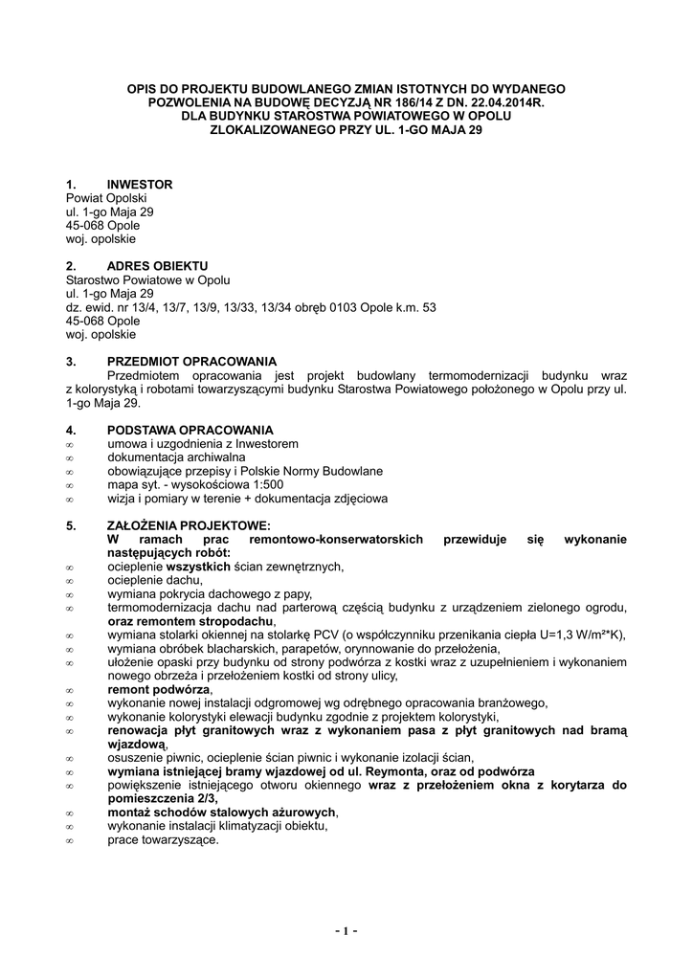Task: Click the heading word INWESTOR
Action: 140,184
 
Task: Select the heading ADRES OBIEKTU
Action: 157,266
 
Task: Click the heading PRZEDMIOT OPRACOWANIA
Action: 191,362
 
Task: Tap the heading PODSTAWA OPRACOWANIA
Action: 190,431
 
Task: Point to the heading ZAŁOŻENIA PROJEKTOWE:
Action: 189,526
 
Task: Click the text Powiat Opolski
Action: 101,198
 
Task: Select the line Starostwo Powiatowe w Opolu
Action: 147,280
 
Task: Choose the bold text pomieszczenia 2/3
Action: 162,799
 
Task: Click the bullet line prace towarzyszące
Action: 163,840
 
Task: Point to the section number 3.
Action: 70,362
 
